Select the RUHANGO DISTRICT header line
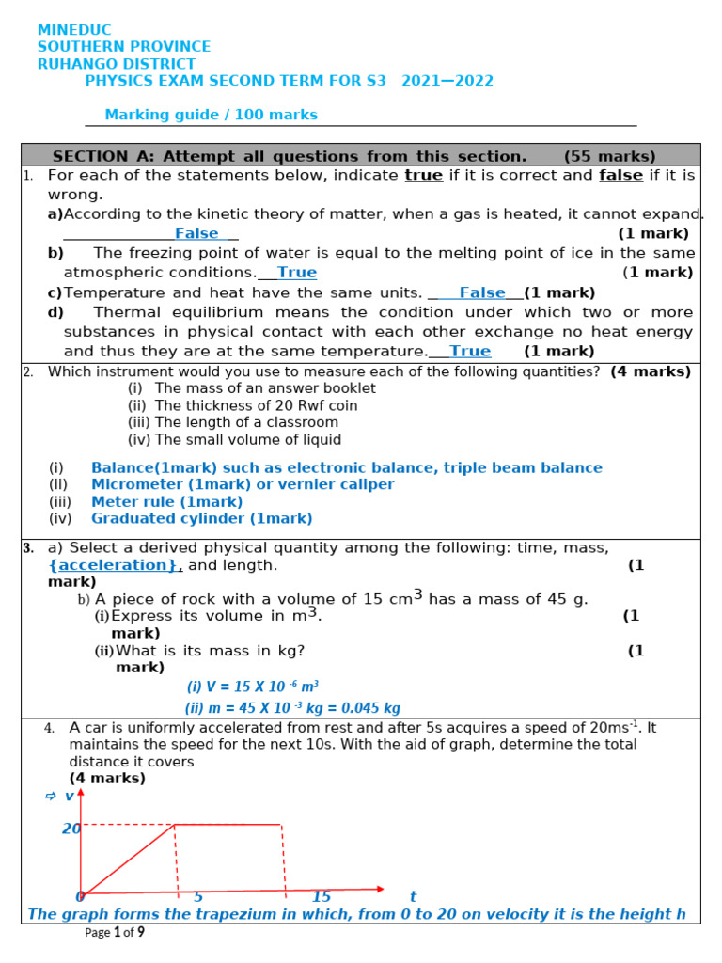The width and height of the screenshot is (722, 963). [117, 64]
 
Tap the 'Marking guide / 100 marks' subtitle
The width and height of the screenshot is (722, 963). [211, 115]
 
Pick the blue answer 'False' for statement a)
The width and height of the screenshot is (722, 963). [196, 233]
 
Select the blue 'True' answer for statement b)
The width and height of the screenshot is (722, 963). [297, 273]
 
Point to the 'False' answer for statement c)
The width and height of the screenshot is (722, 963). [482, 292]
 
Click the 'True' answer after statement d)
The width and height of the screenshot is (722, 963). [470, 351]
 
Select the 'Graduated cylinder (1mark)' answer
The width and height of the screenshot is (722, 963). [201, 518]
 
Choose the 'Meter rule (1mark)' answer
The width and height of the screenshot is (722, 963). [166, 501]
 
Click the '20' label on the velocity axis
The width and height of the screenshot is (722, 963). [71, 829]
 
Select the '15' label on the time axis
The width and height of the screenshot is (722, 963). [322, 896]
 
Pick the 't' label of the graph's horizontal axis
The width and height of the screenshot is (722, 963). [412, 896]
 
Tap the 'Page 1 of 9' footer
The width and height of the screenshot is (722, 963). [115, 933]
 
